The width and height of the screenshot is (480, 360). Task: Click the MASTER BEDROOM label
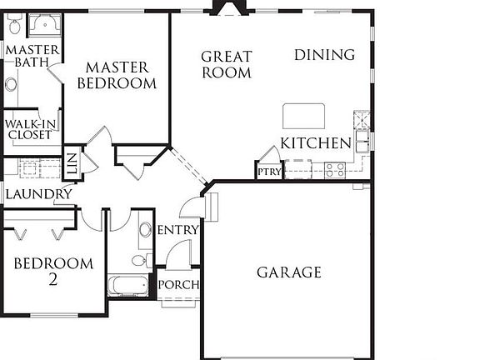[117, 75]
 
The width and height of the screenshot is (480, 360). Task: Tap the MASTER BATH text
[32, 57]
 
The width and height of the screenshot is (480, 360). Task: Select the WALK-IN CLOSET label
[31, 129]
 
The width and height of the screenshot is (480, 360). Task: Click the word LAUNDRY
[38, 194]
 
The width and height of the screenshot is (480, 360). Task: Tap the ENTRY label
[178, 230]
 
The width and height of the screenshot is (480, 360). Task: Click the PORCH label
[178, 285]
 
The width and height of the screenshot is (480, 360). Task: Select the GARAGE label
[288, 272]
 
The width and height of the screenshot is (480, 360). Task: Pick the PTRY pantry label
[270, 172]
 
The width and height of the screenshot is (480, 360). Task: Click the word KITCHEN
[315, 143]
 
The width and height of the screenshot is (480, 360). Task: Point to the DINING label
[324, 55]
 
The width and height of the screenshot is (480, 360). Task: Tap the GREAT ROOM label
[226, 64]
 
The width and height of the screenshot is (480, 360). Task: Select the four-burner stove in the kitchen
[335, 170]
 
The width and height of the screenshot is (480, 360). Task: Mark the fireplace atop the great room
[227, 7]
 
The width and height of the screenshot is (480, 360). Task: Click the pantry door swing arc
[269, 155]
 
